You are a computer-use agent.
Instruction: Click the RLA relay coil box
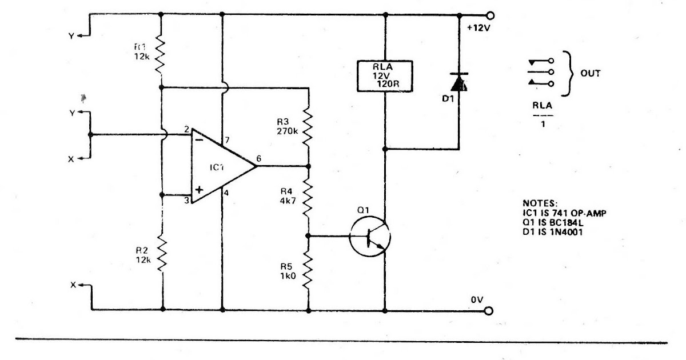pos(384,75)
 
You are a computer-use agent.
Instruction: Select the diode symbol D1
pos(458,83)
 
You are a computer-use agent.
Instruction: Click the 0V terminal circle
pos(489,310)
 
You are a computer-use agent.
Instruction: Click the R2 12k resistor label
pos(142,255)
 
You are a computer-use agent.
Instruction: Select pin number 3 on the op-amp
pos(187,201)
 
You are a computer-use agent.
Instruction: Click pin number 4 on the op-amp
pos(226,193)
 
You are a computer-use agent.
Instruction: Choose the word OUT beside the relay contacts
pos(590,73)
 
